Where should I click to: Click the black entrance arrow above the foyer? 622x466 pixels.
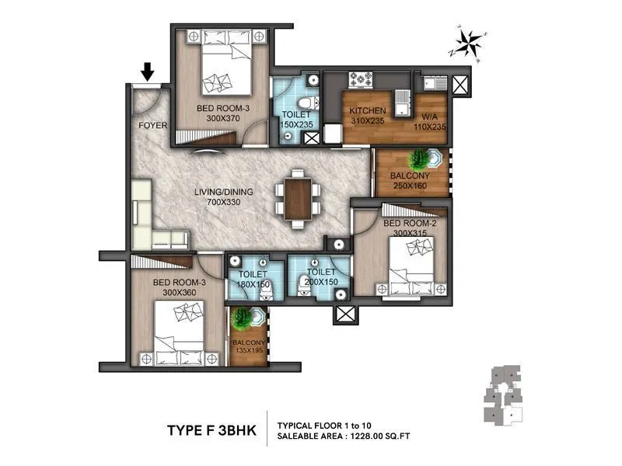(147, 72)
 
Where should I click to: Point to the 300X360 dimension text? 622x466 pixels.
(180, 292)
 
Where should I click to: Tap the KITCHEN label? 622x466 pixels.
(368, 110)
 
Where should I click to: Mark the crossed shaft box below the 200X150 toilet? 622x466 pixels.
(344, 315)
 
